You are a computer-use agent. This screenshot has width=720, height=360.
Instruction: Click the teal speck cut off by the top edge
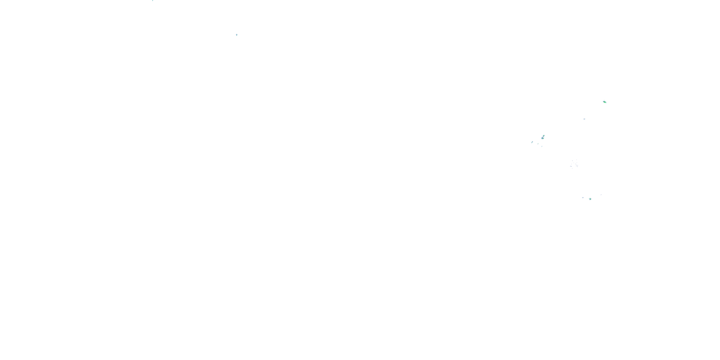tap(153, 0)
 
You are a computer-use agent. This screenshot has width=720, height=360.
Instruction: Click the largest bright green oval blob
tap(605, 102)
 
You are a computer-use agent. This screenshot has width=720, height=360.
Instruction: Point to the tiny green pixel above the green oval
tap(604, 100)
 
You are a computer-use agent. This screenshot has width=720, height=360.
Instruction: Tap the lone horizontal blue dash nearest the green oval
tap(584, 119)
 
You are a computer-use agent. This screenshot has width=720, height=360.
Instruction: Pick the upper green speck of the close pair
tap(544, 136)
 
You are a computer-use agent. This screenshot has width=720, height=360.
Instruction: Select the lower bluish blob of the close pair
tap(542, 138)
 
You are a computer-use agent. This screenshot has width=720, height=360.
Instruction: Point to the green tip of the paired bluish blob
tap(543, 139)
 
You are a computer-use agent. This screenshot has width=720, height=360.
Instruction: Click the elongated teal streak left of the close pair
tap(532, 142)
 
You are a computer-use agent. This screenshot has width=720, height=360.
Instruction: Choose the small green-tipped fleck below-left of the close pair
tap(538, 144)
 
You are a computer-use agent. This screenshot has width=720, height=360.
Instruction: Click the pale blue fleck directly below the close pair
tap(542, 146)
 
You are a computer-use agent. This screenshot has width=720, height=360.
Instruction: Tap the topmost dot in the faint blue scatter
tap(577, 160)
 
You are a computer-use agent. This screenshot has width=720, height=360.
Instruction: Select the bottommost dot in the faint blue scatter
tap(572, 168)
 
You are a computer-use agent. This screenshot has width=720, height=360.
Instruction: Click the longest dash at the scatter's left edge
tap(571, 166)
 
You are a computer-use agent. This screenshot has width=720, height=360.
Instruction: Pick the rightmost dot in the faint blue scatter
tap(578, 165)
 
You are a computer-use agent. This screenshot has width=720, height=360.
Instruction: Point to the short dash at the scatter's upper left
tap(572, 161)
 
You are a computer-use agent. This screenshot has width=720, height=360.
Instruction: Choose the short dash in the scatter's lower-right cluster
tap(577, 166)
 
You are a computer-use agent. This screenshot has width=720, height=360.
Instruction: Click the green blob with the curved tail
tap(590, 199)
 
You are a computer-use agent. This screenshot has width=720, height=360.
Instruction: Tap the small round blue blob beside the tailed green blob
tap(583, 198)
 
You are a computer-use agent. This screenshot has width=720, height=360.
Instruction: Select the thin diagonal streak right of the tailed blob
tap(601, 195)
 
